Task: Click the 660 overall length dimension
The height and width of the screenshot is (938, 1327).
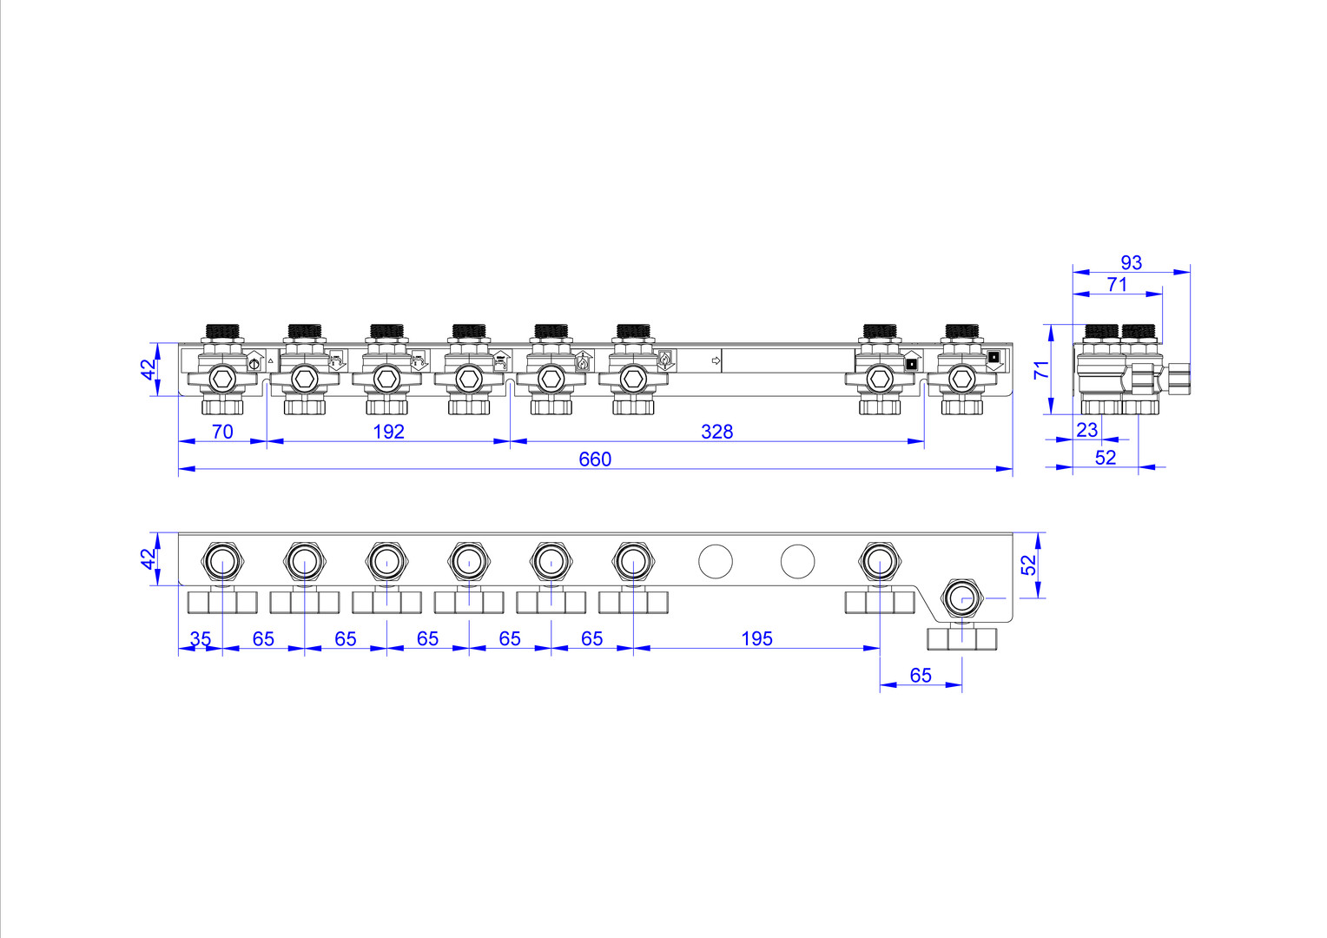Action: pyautogui.click(x=595, y=459)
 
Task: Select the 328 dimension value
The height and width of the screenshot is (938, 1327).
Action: pyautogui.click(x=716, y=432)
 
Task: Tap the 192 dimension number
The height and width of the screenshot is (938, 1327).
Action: pyautogui.click(x=388, y=432)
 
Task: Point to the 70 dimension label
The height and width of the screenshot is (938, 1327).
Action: pyautogui.click(x=222, y=432)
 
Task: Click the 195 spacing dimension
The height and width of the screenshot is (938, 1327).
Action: pyautogui.click(x=756, y=638)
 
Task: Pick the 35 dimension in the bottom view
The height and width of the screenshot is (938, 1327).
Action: pyautogui.click(x=201, y=638)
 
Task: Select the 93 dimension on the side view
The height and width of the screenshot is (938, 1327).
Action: pyautogui.click(x=1131, y=262)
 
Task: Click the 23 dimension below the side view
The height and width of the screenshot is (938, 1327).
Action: pyautogui.click(x=1087, y=430)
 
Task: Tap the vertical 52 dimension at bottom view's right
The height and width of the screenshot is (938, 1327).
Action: pyautogui.click(x=1030, y=565)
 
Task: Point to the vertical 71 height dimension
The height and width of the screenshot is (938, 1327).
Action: pyautogui.click(x=1041, y=370)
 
